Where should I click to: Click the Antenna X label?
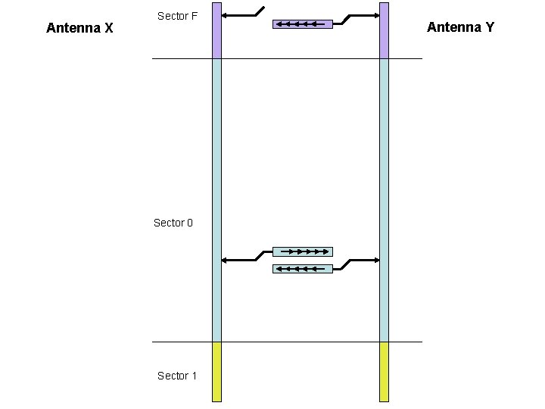point(79,29)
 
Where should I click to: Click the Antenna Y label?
point(460,27)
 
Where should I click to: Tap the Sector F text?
point(177,16)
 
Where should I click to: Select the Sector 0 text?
point(173,223)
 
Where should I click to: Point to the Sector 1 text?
point(177,376)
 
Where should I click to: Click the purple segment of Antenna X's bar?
point(216,30)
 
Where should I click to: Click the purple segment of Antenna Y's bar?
point(384,30)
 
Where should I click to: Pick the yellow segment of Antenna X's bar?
point(216,371)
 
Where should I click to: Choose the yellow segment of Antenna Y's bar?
point(384,371)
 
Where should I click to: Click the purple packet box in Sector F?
point(302,24)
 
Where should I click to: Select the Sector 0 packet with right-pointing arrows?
point(302,251)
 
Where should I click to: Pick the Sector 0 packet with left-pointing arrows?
point(302,268)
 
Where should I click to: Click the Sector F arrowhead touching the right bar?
point(376,15)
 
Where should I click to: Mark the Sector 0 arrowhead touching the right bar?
point(376,261)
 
